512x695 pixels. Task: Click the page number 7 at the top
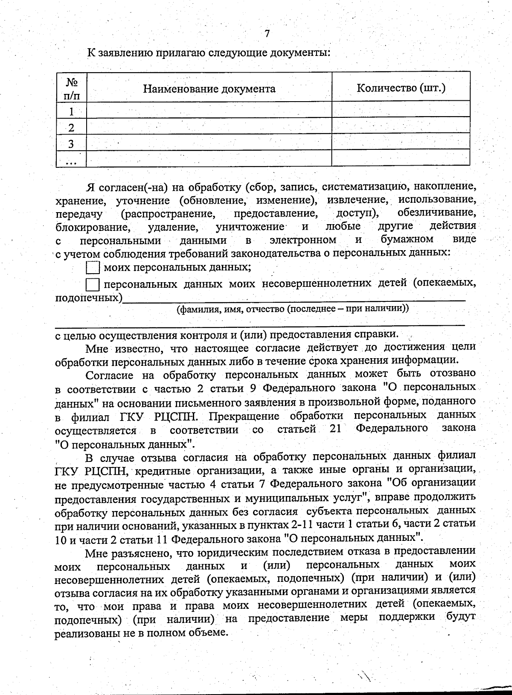[267, 34]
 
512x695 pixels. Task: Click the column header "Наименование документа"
[209, 89]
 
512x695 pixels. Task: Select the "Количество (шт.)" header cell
[401, 88]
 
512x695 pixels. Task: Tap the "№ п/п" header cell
[71, 89]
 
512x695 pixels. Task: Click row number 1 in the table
[71, 111]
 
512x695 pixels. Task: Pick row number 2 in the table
[71, 128]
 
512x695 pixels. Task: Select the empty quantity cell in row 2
[401, 126]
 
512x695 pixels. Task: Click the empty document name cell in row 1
[209, 110]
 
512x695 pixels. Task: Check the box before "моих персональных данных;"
[93, 268]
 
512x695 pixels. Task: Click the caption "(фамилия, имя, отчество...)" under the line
[293, 309]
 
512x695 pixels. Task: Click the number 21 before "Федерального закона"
[335, 429]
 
